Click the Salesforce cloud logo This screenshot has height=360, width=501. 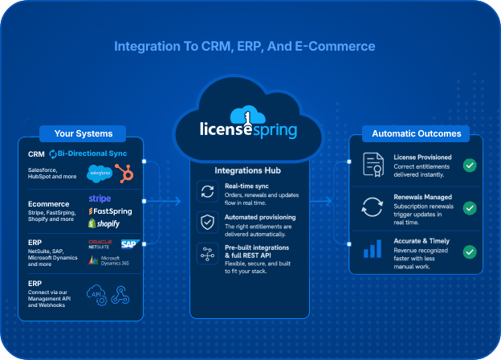pyautogui.click(x=100, y=174)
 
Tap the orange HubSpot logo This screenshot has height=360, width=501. pyautogui.click(x=124, y=173)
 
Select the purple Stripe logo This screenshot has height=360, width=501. pyautogui.click(x=100, y=198)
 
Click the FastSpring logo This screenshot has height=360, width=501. pyautogui.click(x=110, y=211)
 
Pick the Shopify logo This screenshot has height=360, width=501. pyautogui.click(x=104, y=223)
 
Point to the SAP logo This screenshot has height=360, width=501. pyautogui.click(x=130, y=244)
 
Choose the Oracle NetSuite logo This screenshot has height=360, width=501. pyautogui.click(x=100, y=244)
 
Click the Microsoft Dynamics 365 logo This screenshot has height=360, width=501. pyautogui.click(x=108, y=260)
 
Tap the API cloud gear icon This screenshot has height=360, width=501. pyautogui.click(x=96, y=295)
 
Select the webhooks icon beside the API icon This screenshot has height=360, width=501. pyautogui.click(x=120, y=295)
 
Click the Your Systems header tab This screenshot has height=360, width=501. pyautogui.click(x=83, y=133)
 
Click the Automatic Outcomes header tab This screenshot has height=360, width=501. pyautogui.click(x=416, y=133)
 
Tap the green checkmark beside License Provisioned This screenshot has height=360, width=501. pyautogui.click(x=470, y=166)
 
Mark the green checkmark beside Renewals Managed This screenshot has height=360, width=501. pyautogui.click(x=470, y=208)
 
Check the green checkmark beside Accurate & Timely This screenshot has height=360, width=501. pyautogui.click(x=470, y=252)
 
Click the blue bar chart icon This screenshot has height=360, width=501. pyautogui.click(x=373, y=249)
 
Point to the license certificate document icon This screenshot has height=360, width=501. pyautogui.click(x=373, y=165)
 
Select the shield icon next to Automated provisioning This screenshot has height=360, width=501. pyautogui.click(x=207, y=222)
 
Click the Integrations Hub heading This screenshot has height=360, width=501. pyautogui.click(x=247, y=170)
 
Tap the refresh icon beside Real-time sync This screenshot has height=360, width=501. pyautogui.click(x=207, y=192)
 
